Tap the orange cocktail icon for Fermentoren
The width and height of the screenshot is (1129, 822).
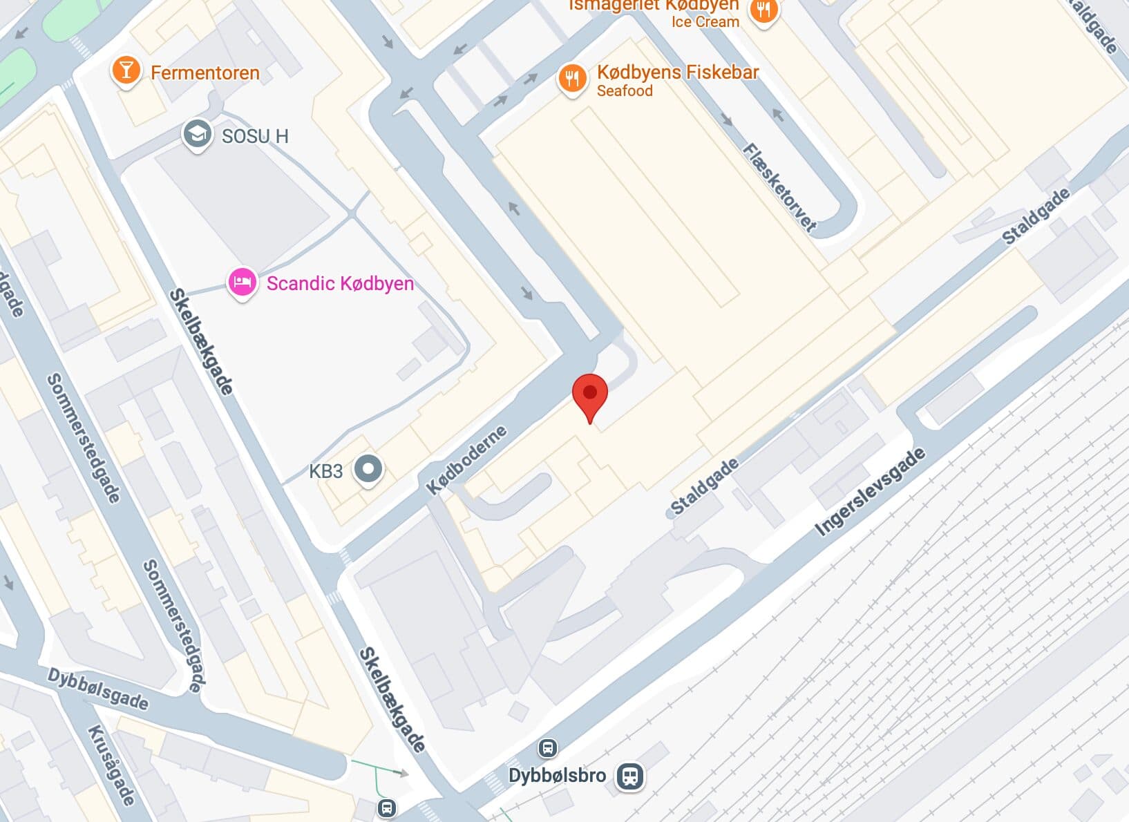[126, 71]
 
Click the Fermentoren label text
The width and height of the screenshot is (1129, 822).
[205, 73]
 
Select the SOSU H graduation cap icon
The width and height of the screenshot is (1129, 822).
[197, 135]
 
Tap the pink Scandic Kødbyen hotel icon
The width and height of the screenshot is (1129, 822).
[242, 283]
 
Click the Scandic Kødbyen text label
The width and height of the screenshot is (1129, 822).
[340, 283]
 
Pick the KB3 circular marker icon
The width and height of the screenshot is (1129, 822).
[368, 470]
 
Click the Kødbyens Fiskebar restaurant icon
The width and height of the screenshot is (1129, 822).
[572, 79]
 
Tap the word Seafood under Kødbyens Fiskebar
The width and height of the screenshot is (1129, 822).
[624, 91]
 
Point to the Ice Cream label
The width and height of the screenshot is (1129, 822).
[705, 21]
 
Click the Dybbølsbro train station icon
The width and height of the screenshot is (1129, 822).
[629, 776]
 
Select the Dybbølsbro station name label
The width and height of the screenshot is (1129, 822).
[557, 775]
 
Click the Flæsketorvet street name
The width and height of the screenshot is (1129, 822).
[779, 187]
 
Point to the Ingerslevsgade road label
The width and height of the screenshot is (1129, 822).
[869, 492]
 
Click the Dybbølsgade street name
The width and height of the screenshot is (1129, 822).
[97, 689]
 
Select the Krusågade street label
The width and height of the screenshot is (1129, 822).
[111, 765]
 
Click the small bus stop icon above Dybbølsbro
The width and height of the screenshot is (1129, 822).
[547, 747]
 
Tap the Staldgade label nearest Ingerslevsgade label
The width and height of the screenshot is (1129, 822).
[704, 487]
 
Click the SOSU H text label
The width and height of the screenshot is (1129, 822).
[254, 136]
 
